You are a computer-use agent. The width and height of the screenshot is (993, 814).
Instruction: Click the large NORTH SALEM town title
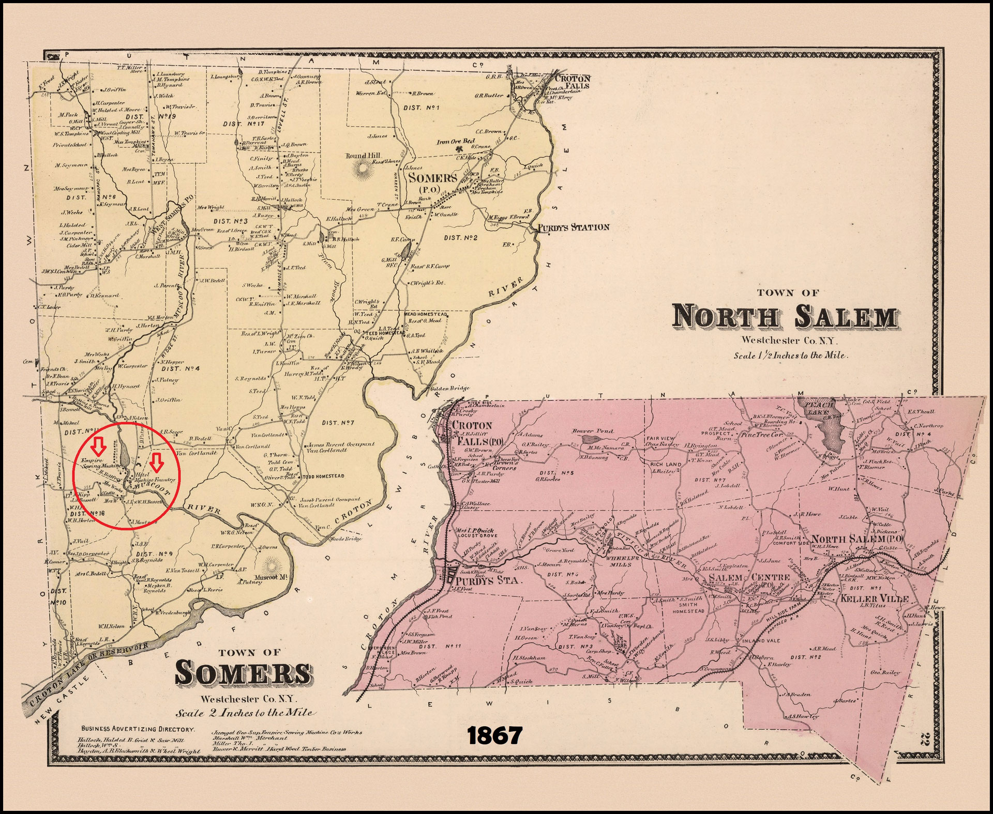[785, 316]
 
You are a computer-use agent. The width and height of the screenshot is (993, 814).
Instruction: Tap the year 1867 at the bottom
[494, 735]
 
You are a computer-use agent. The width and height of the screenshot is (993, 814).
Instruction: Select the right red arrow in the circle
[158, 462]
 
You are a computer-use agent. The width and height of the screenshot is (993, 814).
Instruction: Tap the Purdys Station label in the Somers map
[573, 227]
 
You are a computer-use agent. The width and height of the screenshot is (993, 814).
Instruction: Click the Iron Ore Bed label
[456, 142]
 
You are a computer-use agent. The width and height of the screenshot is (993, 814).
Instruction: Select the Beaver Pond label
[593, 431]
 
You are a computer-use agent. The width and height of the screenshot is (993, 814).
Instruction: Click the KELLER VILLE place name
[874, 598]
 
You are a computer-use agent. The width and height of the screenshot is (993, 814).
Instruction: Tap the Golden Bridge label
[449, 388]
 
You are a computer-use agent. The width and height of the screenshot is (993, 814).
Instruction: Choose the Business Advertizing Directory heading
[138, 729]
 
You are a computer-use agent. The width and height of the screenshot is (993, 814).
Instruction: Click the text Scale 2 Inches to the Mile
[245, 713]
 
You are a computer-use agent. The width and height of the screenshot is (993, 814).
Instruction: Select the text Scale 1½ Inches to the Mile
[790, 356]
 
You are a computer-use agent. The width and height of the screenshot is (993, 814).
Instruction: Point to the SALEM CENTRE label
[749, 577]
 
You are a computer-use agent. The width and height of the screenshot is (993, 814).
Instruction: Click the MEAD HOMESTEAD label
[425, 314]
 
